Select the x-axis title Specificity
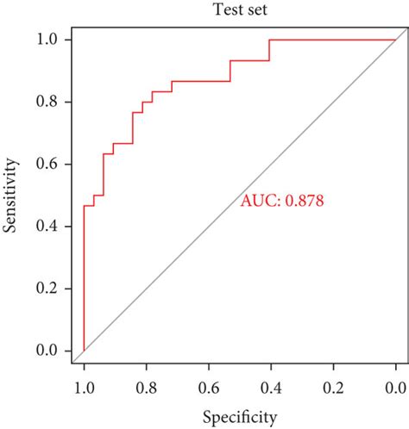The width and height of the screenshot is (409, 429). [240, 418]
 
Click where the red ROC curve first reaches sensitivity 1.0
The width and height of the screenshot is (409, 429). [269, 40]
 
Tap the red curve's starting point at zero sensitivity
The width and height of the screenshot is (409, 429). [84, 350]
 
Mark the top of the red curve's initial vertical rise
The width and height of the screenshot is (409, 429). [84, 205]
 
